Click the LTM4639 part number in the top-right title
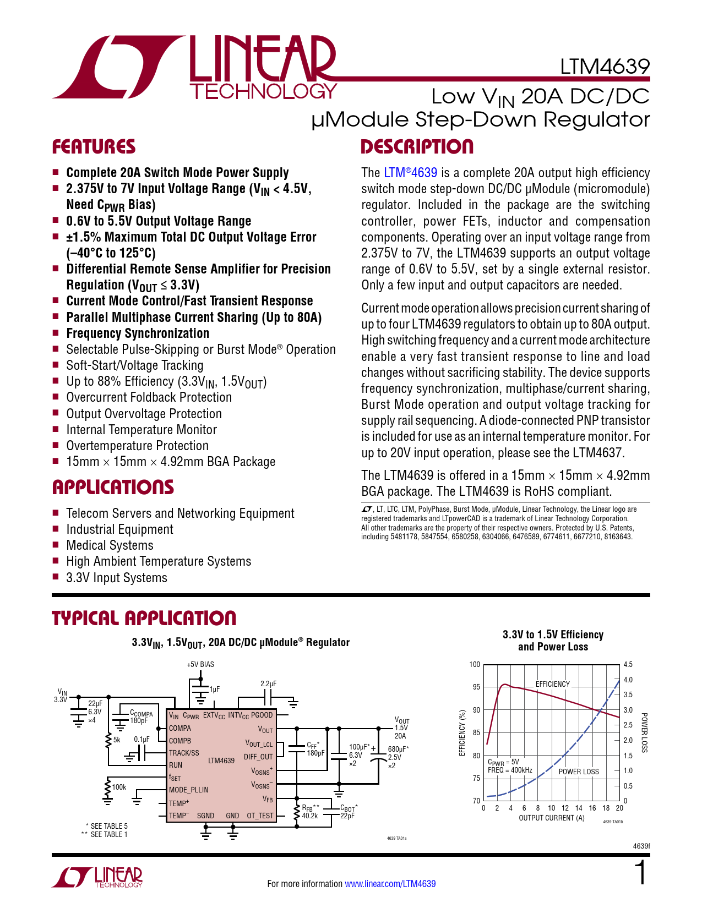[x=605, y=67]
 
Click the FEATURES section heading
[x=94, y=147]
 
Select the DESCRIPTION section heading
[x=417, y=147]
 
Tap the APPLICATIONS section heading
[x=113, y=488]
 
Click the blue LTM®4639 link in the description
[x=410, y=173]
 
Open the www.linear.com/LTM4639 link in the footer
[x=390, y=884]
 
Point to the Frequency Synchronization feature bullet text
[x=138, y=333]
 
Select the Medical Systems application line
[x=110, y=545]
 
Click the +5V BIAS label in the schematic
[x=200, y=664]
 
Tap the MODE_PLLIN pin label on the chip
[x=188, y=790]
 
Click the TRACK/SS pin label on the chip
[x=184, y=753]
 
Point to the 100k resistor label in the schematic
[x=119, y=787]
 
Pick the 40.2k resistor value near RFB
[x=309, y=816]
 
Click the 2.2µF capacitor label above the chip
[x=268, y=683]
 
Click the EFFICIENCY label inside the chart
[x=552, y=684]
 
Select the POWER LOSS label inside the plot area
[x=578, y=772]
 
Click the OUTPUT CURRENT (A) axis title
[x=551, y=818]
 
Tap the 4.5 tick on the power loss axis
[x=628, y=664]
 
